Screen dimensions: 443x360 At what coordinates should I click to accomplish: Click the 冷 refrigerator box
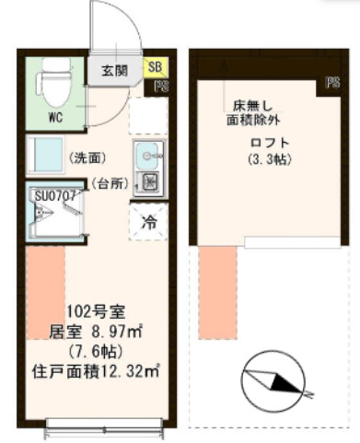pyautogui.click(x=147, y=221)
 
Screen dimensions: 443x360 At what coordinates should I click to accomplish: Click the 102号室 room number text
pyautogui.click(x=94, y=310)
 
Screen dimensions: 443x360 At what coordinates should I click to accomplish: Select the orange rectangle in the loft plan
pyautogui.click(x=217, y=293)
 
